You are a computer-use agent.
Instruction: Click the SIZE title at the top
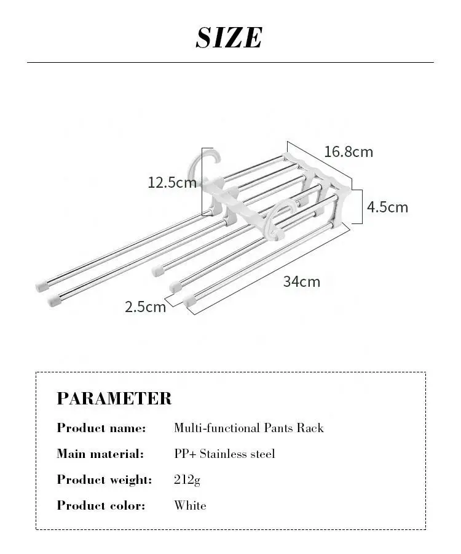[229, 38]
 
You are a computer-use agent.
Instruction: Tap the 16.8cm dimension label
[349, 151]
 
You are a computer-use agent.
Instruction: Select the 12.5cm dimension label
[171, 182]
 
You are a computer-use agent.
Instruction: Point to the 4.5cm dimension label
[387, 207]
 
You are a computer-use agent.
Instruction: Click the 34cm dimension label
[301, 282]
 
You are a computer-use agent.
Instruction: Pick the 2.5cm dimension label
[146, 307]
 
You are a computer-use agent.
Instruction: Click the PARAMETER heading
[114, 398]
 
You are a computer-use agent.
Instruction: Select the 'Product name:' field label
[101, 428]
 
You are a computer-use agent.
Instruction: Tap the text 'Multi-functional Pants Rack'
[248, 428]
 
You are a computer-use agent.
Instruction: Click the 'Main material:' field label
[100, 454]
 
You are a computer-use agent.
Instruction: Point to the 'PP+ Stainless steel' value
[224, 454]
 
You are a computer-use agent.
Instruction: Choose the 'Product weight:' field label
[104, 480]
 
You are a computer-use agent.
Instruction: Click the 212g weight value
[187, 480]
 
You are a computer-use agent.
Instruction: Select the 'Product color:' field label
[101, 506]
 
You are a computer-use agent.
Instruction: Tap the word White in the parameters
[190, 506]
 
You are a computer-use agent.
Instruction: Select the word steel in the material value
[262, 454]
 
